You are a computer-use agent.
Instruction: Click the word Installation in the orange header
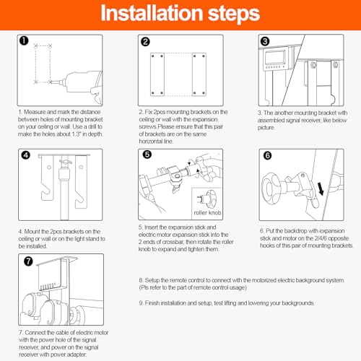point(152,13)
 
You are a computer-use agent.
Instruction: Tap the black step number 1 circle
point(24,40)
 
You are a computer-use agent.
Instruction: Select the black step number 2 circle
point(145,42)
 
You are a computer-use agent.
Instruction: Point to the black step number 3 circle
point(265,41)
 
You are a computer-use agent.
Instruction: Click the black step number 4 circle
point(26,155)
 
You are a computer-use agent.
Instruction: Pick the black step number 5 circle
point(147,155)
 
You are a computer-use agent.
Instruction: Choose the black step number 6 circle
point(267,155)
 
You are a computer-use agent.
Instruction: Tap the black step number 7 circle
point(28,261)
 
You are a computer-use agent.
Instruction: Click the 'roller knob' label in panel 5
point(207,213)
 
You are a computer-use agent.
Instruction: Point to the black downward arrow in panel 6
point(321,188)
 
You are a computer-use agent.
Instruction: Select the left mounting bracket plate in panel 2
point(157,74)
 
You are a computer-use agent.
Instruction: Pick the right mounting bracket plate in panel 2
point(199,74)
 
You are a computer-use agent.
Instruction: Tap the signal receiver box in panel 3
point(276,58)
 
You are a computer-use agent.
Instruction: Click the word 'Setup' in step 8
point(152,280)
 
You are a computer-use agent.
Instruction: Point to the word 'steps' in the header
point(234,14)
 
